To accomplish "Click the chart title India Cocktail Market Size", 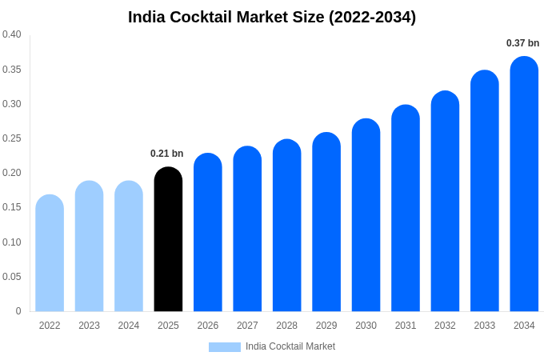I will coord(272,17).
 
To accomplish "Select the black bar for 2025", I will coord(168,240).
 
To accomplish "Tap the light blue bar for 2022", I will coord(50,254).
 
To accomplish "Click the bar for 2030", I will coord(366,216).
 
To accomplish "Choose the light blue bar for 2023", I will coord(89,246).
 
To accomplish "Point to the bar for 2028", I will coord(286,226).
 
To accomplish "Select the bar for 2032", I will coord(445,202).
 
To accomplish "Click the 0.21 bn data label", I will coord(167,154).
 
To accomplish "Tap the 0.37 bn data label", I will coord(522,43).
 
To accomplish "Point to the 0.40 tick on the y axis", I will coord(12,34).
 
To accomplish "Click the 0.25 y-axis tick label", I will coord(12,138).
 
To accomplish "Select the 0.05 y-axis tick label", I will coord(12,277).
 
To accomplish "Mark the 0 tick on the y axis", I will coord(18,311).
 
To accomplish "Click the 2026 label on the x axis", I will coord(208,326).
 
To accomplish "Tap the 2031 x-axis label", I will coord(406,326).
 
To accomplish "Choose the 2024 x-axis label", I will coord(129,326).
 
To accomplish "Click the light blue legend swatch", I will coord(224,347).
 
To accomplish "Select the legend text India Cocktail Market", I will coord(290,346).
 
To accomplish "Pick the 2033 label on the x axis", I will coord(485,326).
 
